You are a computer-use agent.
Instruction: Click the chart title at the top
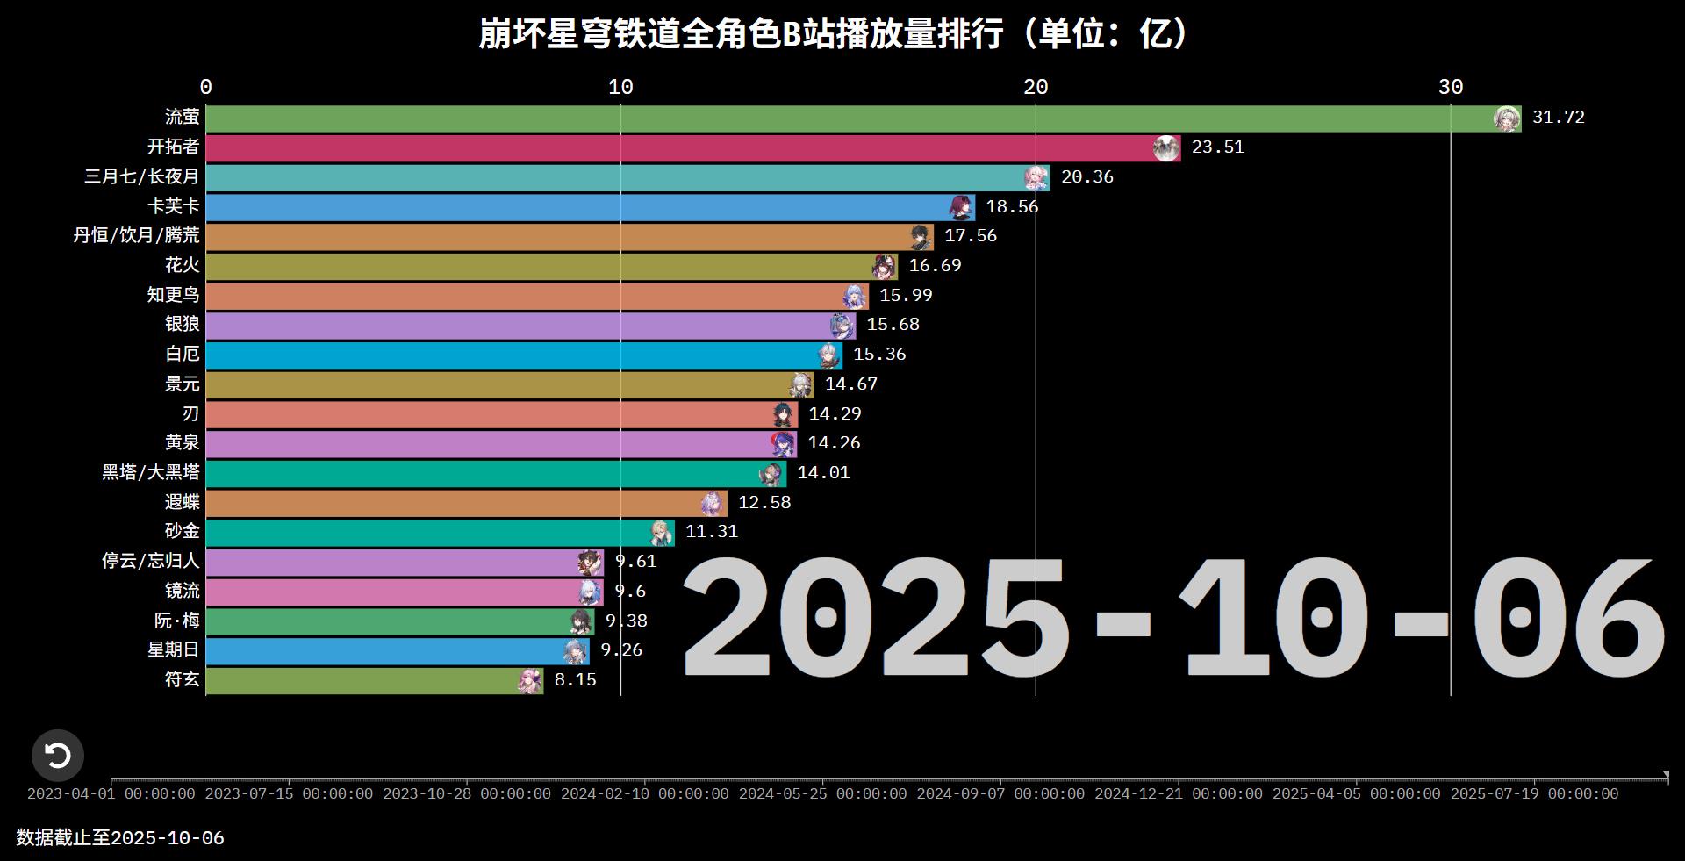coord(833,34)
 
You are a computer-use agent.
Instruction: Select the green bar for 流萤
coord(842,118)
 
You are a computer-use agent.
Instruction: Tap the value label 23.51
coord(1217,147)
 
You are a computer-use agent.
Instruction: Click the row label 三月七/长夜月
coord(142,176)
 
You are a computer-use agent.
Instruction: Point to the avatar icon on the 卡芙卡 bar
coord(962,207)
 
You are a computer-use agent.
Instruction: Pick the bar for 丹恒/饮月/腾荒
coord(562,236)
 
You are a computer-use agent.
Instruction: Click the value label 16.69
coord(935,265)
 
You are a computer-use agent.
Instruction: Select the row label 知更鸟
coord(174,295)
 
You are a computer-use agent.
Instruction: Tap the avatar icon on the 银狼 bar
coord(842,326)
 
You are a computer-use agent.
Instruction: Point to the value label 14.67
coord(850,384)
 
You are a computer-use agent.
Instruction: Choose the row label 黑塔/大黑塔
coord(151,472)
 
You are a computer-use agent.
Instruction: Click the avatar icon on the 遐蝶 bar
coord(713,503)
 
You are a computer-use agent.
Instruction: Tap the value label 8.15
coord(575,679)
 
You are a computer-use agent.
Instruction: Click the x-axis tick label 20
coord(1036,87)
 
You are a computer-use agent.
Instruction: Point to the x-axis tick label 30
coord(1451,87)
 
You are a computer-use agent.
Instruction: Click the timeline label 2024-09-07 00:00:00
coord(1000,793)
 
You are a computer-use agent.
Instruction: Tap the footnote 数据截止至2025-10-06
coord(120,838)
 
